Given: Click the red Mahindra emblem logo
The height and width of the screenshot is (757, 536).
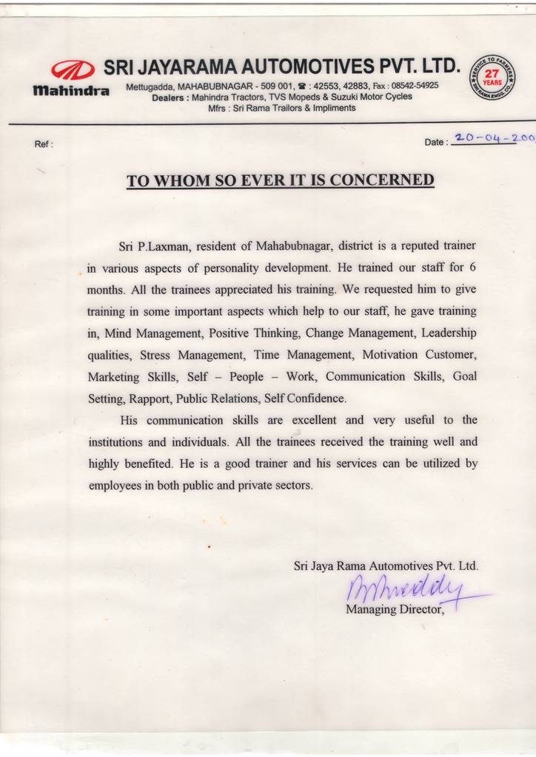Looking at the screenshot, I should pyautogui.click(x=73, y=69).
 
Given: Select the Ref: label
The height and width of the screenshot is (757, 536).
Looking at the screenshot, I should pyautogui.click(x=44, y=144).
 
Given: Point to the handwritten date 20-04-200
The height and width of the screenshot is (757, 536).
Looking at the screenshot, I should pyautogui.click(x=492, y=138).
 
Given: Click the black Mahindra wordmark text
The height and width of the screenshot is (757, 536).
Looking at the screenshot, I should pyautogui.click(x=72, y=91).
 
